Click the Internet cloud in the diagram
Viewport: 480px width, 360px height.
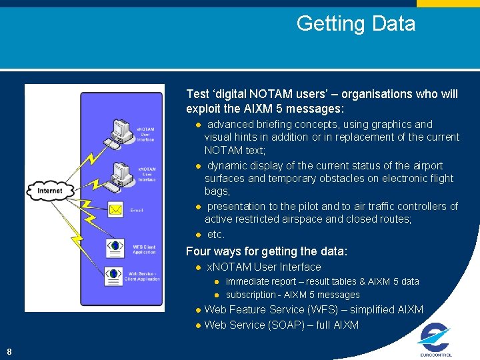coord(50,191)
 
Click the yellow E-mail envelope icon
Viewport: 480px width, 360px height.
coord(115,210)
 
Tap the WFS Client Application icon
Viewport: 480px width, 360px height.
coord(115,247)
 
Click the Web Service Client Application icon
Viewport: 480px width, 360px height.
coord(114,274)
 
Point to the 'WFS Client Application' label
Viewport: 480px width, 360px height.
coord(144,249)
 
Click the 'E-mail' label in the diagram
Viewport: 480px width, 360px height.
coord(137,211)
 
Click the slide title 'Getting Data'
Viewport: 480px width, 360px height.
coord(355,24)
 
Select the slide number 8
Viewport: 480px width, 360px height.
coord(9,351)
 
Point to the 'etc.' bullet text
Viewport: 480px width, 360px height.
coord(216,234)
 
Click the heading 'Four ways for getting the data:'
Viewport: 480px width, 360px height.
coord(267,251)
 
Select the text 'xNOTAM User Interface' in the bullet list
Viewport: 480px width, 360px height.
coord(264,267)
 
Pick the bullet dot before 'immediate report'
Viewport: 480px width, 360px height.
coord(217,282)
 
